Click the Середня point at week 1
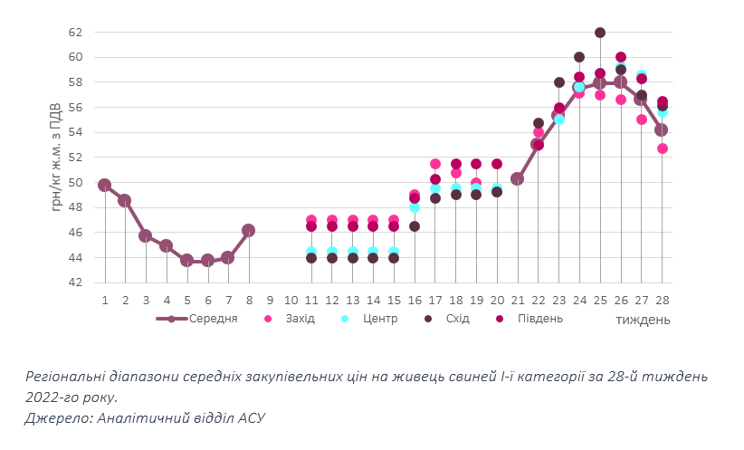105,186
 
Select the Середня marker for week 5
187,260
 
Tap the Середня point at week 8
249,231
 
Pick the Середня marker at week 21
517,178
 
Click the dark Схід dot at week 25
600,33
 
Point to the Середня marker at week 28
662,129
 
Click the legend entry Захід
300,319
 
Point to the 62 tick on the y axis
76,33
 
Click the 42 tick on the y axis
76,282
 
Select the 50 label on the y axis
76,183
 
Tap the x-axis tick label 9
270,300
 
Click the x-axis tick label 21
517,300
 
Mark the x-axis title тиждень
644,320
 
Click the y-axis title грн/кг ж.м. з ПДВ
57,157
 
